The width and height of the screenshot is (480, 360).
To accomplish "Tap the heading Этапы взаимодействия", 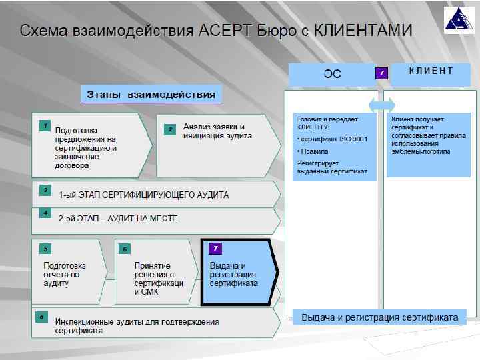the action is pyautogui.click(x=151, y=94).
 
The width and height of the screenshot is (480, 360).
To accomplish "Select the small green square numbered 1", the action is pyautogui.click(x=44, y=125).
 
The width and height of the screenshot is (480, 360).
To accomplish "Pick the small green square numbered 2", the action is pyautogui.click(x=170, y=129).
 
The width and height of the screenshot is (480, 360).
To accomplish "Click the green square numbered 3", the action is pyautogui.click(x=45, y=190).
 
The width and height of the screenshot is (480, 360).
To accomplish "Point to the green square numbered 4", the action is pyautogui.click(x=45, y=213).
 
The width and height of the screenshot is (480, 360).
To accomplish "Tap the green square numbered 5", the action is pyautogui.click(x=45, y=249).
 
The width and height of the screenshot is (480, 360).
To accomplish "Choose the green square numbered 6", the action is pyautogui.click(x=125, y=249).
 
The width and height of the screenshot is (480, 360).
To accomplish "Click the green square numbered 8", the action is pyautogui.click(x=42, y=316).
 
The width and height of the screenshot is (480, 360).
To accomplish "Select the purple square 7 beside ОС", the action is pyautogui.click(x=381, y=72).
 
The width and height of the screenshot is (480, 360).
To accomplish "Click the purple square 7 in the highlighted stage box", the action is pyautogui.click(x=215, y=249).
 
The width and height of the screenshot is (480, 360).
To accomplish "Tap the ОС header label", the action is pyautogui.click(x=332, y=73).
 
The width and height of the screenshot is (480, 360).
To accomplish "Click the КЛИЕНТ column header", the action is pyautogui.click(x=431, y=71).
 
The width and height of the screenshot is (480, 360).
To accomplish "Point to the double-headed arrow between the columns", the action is pyautogui.click(x=381, y=105).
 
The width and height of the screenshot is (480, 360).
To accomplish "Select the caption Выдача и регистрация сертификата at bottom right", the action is pyautogui.click(x=379, y=317).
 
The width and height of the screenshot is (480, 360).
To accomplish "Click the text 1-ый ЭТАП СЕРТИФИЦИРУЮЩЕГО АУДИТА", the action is pyautogui.click(x=143, y=195).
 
